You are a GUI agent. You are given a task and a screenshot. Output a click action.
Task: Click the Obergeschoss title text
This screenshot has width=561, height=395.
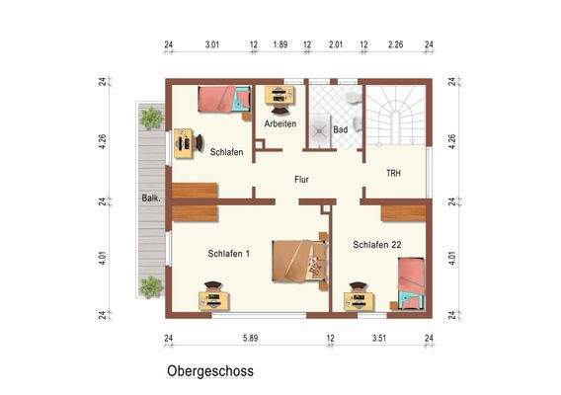coord(209,371)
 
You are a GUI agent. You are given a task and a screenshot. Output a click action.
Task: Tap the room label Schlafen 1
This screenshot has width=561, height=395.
coord(228,254)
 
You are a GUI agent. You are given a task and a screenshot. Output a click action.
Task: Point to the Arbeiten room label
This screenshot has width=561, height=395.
coord(280,123)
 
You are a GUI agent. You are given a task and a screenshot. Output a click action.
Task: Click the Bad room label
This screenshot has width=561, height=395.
coord(341,129)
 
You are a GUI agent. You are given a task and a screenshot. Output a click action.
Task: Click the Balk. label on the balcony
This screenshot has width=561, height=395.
coord(152,198)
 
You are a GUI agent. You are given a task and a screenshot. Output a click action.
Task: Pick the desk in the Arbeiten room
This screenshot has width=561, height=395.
coord(280,96)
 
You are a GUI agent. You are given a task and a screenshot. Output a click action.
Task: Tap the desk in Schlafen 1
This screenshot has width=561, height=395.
coord(214,297)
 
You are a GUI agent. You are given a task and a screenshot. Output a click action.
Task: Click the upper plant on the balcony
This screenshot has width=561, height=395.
coord(151,118)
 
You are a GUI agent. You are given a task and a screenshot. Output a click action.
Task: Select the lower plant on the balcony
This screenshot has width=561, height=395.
coord(151,286)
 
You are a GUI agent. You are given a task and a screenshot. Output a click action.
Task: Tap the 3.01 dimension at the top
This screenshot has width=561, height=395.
coord(211,44)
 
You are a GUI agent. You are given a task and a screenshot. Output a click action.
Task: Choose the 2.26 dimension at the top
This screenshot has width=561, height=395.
coord(396,44)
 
